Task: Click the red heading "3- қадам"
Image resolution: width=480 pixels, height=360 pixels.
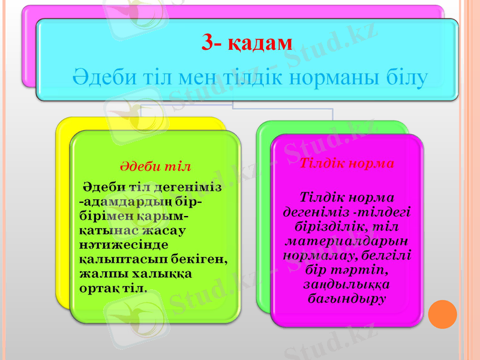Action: tap(247, 43)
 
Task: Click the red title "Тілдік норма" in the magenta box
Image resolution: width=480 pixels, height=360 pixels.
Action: tap(346, 163)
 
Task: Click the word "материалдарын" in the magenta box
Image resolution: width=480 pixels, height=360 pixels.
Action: tap(346, 241)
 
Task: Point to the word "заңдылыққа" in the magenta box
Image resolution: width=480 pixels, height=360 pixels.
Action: tap(346, 284)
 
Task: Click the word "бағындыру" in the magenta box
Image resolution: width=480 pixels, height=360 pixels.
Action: tap(346, 298)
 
